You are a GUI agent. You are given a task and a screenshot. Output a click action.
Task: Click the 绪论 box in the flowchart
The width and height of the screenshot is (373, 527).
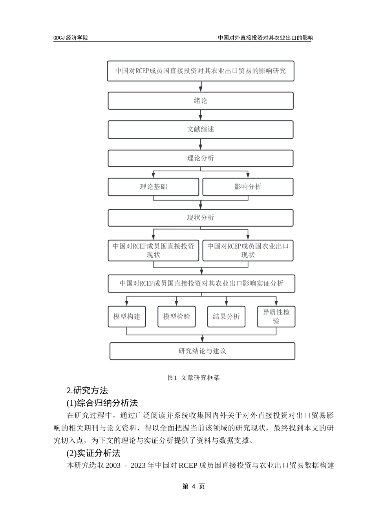[x=201, y=101]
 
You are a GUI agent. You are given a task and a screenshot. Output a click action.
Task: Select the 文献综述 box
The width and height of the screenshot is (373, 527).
[x=201, y=129]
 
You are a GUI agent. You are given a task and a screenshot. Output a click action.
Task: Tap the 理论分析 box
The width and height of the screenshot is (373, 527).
[x=201, y=158]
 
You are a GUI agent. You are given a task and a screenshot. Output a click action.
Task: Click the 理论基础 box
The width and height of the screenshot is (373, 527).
[x=154, y=187]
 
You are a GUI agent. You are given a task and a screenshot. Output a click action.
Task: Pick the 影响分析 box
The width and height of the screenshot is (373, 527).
[x=248, y=187]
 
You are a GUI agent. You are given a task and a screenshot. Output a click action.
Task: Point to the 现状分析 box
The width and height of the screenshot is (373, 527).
[x=201, y=218]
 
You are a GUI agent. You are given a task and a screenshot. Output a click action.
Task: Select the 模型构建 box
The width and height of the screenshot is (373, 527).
[x=127, y=316]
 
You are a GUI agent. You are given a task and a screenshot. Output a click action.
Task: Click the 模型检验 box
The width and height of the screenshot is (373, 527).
[x=176, y=316]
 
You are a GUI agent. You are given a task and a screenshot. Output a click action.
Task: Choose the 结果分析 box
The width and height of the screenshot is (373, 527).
[x=226, y=316]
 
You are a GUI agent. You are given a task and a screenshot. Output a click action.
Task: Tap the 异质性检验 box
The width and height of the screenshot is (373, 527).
[x=276, y=316]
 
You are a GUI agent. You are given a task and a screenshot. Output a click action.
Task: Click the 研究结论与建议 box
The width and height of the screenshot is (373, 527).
[x=202, y=351]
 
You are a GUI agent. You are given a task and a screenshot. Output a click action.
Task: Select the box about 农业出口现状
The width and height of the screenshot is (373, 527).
[x=248, y=250]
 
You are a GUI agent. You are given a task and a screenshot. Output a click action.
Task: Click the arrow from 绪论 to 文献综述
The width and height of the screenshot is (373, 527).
[x=201, y=115]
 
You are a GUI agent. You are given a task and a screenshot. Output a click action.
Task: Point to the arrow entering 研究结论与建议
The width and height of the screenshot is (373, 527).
[x=202, y=339]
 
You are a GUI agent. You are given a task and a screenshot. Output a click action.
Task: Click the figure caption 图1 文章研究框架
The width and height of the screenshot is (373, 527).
[x=194, y=378]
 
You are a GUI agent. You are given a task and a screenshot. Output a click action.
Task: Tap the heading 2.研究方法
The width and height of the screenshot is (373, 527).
[x=87, y=391]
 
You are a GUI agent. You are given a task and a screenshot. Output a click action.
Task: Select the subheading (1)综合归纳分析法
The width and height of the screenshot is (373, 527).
[x=102, y=403]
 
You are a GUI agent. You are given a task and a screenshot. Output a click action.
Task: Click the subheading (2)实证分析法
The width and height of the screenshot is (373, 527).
[x=93, y=453]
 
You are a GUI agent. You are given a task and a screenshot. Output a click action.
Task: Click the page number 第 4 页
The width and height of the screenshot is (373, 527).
[x=194, y=486]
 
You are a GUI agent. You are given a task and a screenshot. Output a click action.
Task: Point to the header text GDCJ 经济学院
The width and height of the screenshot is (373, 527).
[x=71, y=38]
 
